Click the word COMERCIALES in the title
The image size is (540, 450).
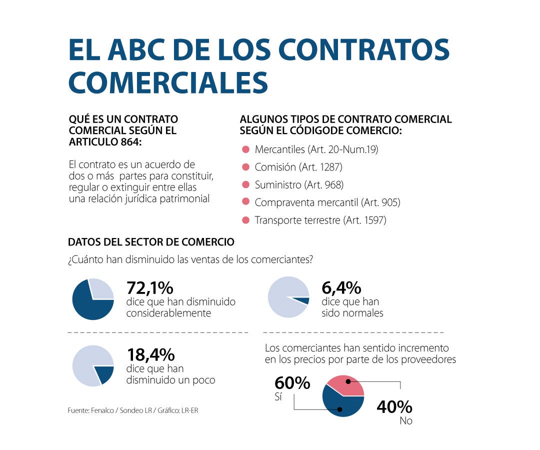pos(168,82)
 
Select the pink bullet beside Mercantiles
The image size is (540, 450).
pos(245,149)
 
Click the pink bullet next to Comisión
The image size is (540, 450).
pos(245,167)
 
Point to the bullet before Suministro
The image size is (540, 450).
pos(245,184)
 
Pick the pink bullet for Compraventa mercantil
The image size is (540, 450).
pos(245,202)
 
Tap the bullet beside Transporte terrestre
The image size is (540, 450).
pos(245,219)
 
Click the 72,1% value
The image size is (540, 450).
pos(149,288)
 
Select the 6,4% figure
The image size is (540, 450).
pos(341,288)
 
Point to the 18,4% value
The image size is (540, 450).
pos(150,355)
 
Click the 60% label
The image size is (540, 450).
pos(292,383)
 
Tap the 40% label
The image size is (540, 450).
pos(394,406)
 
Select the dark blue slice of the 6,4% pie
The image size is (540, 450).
pos(302,300)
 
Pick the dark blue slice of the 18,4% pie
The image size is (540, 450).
pos(104,374)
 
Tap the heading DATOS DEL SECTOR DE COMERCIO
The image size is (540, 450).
pos(151,242)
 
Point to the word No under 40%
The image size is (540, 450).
pos(406,421)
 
